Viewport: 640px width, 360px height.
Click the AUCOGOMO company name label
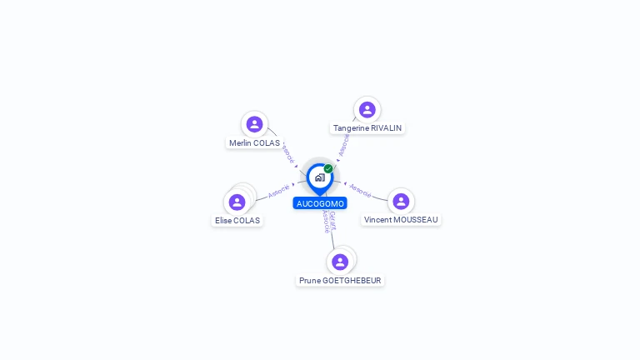pyautogui.click(x=320, y=203)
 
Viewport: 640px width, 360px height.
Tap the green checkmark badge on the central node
pyautogui.click(x=328, y=168)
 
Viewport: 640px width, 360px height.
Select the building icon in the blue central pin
pyautogui.click(x=319, y=177)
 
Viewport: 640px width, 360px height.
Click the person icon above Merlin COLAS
pyautogui.click(x=255, y=124)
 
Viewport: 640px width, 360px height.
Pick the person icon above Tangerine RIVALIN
pyautogui.click(x=367, y=110)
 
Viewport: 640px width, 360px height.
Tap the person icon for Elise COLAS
pyautogui.click(x=237, y=202)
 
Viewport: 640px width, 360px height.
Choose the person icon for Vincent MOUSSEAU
pyautogui.click(x=401, y=201)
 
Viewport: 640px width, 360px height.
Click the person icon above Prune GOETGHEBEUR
pyautogui.click(x=340, y=262)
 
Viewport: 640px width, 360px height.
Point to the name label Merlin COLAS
pyautogui.click(x=254, y=143)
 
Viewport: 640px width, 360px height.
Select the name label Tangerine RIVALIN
pyautogui.click(x=367, y=128)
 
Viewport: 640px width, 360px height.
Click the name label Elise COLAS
pyautogui.click(x=237, y=221)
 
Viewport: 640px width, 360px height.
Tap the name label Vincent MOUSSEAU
pyautogui.click(x=401, y=220)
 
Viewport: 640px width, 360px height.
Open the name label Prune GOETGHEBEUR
pyautogui.click(x=340, y=281)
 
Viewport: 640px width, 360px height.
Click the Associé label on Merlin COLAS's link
pyautogui.click(x=287, y=154)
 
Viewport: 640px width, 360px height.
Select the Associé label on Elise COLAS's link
pyautogui.click(x=279, y=192)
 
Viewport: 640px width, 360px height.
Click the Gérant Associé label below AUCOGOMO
pyautogui.click(x=329, y=221)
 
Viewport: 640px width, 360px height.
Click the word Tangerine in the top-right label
pyautogui.click(x=352, y=128)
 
